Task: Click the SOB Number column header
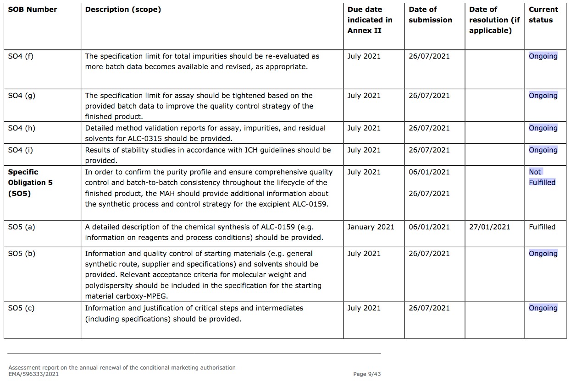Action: (33, 10)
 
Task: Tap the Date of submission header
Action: (430, 15)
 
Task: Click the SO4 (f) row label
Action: (21, 56)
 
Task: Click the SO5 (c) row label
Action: (21, 308)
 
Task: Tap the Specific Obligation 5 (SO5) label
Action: (30, 183)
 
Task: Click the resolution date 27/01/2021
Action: (489, 227)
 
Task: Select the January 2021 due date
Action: (371, 227)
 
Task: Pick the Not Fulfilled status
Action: (542, 177)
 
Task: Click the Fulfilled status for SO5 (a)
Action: (542, 227)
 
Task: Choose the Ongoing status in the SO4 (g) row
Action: (543, 96)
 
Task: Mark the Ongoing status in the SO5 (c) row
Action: (543, 308)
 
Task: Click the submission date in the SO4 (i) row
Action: (429, 150)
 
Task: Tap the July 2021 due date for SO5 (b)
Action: (364, 254)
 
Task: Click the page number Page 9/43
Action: (367, 374)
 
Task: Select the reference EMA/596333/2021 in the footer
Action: (33, 374)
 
